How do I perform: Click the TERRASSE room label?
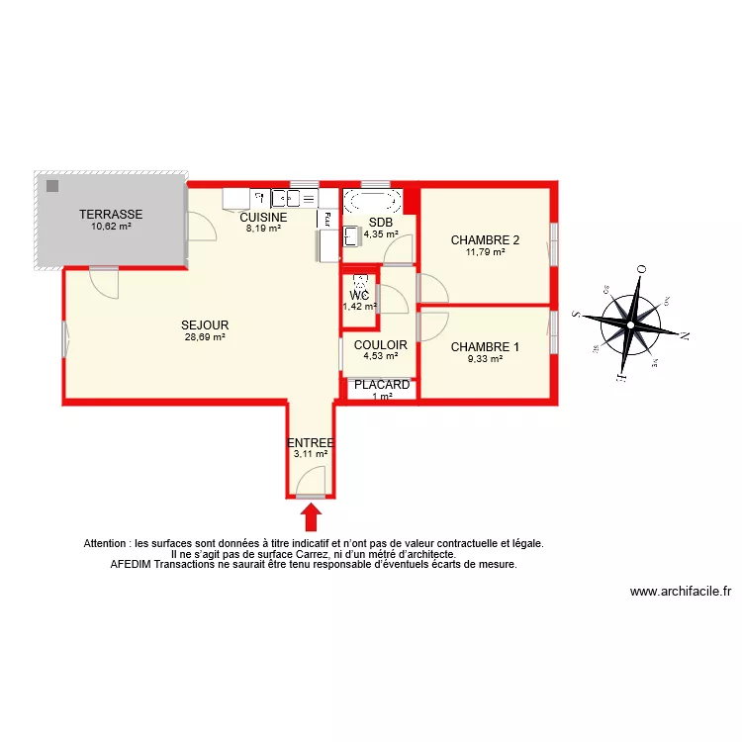pyautogui.click(x=111, y=214)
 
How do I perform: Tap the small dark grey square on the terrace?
pyautogui.click(x=50, y=185)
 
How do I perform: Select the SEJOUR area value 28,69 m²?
pyautogui.click(x=205, y=337)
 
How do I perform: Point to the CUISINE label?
pyautogui.click(x=263, y=218)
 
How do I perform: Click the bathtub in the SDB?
pyautogui.click(x=373, y=202)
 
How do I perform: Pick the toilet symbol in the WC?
pyautogui.click(x=360, y=281)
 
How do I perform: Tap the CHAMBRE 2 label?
pyautogui.click(x=485, y=239)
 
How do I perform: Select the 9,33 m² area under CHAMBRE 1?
pyautogui.click(x=485, y=359)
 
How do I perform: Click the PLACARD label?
pyautogui.click(x=382, y=385)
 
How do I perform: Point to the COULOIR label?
pyautogui.click(x=381, y=344)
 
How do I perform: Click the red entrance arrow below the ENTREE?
pyautogui.click(x=311, y=516)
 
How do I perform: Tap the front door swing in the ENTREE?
pyautogui.click(x=311, y=485)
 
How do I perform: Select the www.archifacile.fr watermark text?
pyautogui.click(x=681, y=592)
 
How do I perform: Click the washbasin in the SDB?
pyautogui.click(x=352, y=236)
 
